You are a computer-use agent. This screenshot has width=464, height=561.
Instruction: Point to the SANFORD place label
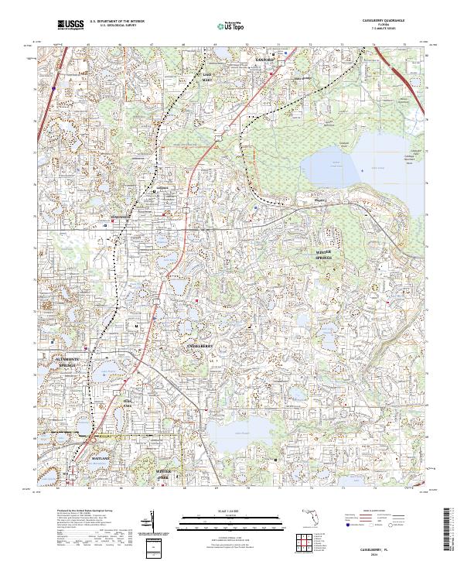(265, 59)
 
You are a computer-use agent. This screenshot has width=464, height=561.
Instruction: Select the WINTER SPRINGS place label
(328, 256)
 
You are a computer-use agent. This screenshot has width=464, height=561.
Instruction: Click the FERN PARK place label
(128, 402)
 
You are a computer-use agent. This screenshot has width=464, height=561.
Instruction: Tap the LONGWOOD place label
(120, 216)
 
